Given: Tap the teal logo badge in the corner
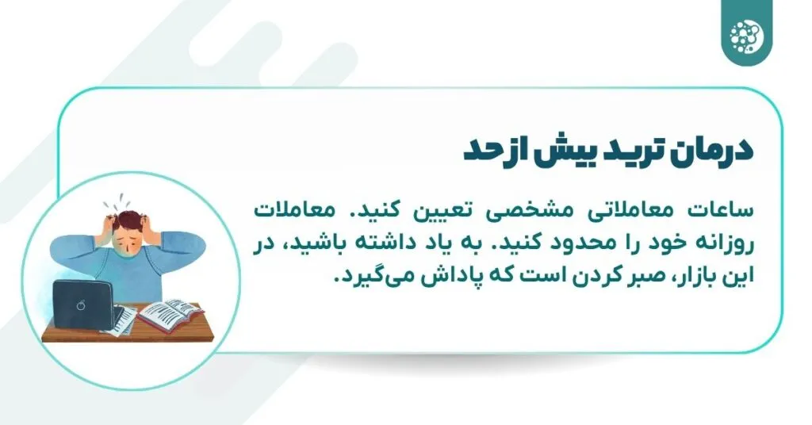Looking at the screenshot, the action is pyautogui.click(x=747, y=33).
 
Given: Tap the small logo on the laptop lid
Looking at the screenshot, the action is pyautogui.click(x=81, y=305).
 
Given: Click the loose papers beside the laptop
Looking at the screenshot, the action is pyautogui.click(x=123, y=320).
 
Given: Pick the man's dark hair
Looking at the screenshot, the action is pyautogui.click(x=128, y=220).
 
